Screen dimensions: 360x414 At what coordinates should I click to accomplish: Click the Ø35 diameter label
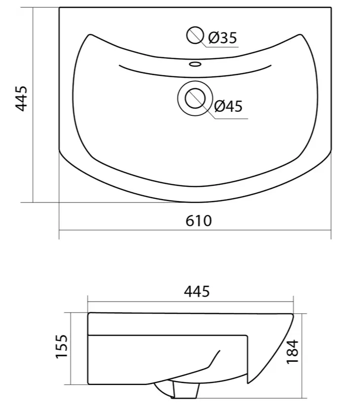pos(222,37)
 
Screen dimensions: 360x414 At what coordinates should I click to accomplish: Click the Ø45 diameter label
pos(228,106)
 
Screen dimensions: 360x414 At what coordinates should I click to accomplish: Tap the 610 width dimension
pos(199,221)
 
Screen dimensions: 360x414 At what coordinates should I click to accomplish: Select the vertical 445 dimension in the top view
pos(21,98)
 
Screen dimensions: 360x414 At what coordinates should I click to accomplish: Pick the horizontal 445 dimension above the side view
pos(197,291)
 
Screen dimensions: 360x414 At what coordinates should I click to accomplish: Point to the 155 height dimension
pos(62,346)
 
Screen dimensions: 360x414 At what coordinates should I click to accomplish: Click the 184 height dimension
pos(292,352)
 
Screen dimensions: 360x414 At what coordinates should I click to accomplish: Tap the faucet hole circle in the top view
pos(195,35)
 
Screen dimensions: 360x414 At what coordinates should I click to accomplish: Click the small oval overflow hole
pos(195,64)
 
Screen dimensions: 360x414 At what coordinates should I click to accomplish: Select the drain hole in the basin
pos(195,98)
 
